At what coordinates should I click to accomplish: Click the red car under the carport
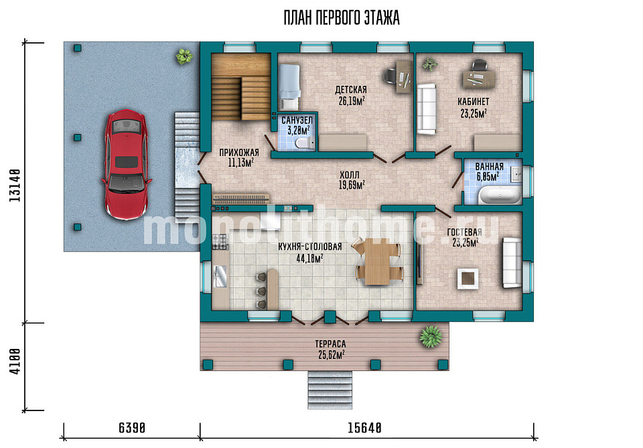[126, 165]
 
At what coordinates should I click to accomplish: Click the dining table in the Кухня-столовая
[378, 262]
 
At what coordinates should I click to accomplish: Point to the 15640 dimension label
[364, 428]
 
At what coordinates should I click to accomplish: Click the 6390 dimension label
[132, 428]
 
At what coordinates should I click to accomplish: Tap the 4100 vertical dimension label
[15, 361]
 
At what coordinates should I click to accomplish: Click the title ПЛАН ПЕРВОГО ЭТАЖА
[342, 18]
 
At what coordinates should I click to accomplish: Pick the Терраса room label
[330, 344]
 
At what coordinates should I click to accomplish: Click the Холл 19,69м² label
[352, 180]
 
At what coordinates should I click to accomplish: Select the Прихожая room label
[239, 153]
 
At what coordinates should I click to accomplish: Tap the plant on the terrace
[431, 336]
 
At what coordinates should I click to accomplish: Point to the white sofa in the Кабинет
[427, 108]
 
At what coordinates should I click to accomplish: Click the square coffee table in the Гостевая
[467, 279]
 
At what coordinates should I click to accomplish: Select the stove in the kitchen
[220, 242]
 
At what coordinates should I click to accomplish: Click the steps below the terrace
[330, 390]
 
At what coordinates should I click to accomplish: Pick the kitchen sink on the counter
[220, 276]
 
